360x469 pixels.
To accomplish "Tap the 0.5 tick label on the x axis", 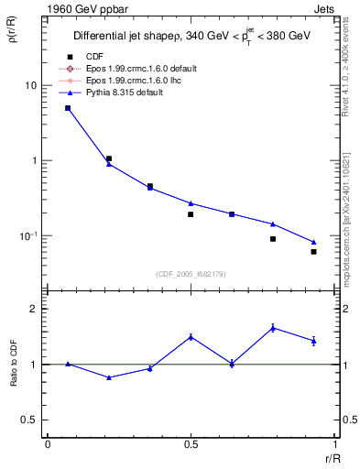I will tap(191, 444).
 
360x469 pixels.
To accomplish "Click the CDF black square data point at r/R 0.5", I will tap(191, 214).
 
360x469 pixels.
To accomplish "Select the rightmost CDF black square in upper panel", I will tap(313, 251).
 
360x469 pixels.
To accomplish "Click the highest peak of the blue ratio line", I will tap(273, 327).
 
